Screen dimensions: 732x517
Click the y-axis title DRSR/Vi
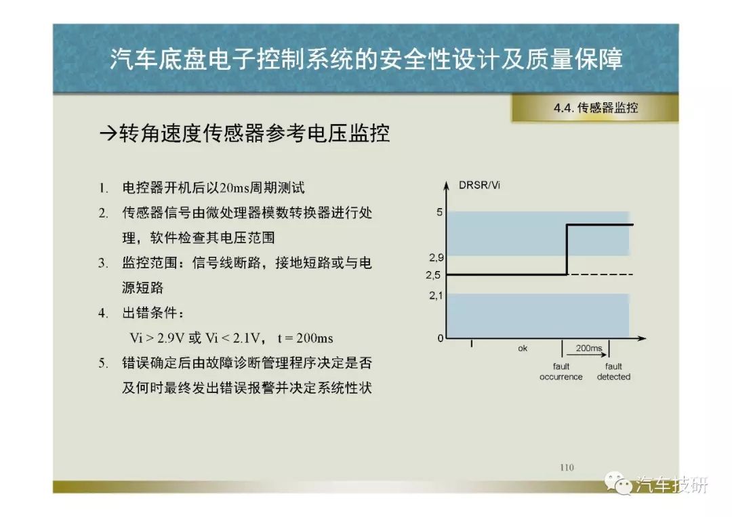479,185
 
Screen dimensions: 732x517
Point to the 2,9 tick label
436,257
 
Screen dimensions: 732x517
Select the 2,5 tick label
432,275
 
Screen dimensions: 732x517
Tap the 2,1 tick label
436,295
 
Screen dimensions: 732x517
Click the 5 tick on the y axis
439,212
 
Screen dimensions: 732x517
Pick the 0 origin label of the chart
441,338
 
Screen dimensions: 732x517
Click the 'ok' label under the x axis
523,348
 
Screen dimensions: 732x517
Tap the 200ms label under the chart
589,348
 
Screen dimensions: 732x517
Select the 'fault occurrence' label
561,372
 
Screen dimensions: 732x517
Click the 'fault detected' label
613,372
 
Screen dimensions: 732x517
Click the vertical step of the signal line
567,249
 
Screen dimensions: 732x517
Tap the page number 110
567,467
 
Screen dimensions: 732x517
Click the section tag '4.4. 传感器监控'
596,108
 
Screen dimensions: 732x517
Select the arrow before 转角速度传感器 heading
108,134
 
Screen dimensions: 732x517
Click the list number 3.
103,263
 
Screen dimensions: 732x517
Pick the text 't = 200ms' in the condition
305,338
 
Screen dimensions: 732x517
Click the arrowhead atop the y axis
446,185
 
